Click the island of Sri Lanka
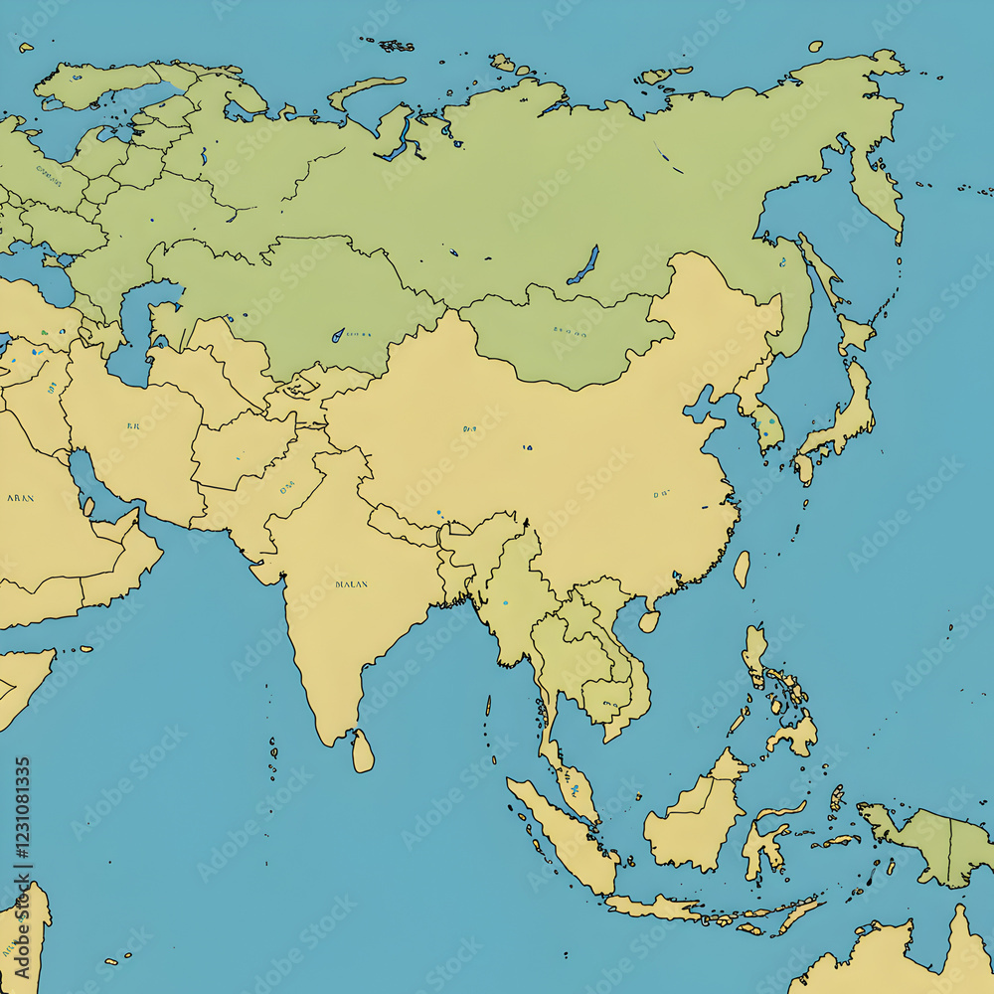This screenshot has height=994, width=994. pos(363,751)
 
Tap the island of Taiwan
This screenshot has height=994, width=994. pos(742,569)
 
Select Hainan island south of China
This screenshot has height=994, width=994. pos(649,621)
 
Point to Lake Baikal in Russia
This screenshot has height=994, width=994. pos(584,264)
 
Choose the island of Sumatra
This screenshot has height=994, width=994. pos(562,835)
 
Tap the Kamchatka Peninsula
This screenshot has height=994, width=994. pos(875,189)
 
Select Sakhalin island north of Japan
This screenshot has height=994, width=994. pos(818,268)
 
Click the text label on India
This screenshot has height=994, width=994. pos(351,584)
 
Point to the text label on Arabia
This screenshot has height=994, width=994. pos(20,497)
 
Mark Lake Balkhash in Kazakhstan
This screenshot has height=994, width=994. pos(338,335)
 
